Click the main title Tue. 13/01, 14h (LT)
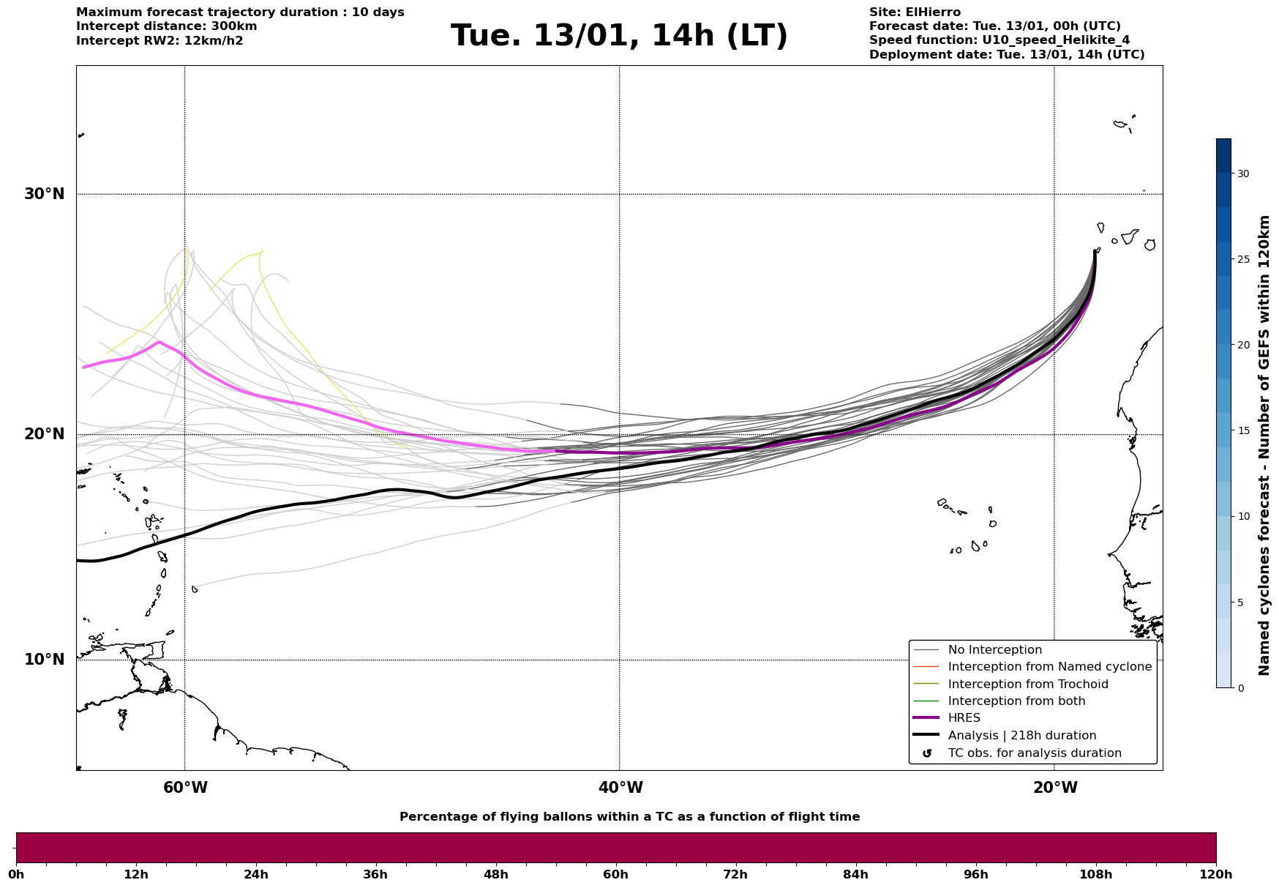coord(619,36)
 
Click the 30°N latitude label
coord(44,194)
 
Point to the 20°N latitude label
coord(44,434)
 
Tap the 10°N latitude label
coord(44,660)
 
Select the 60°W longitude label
coord(185,788)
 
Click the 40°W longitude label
coord(620,788)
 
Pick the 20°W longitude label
coord(1054,788)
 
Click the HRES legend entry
coord(964,718)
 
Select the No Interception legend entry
coord(994,650)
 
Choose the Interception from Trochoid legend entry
coord(1027,684)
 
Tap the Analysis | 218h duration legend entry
coord(1021,736)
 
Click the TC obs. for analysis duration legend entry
coord(1034,753)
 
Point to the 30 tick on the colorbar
coord(1242,174)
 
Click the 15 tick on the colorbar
coord(1242,430)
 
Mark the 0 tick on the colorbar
coord(1240,688)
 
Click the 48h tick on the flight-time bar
coord(495,874)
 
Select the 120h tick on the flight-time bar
coord(1216,874)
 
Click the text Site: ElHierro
coord(915,12)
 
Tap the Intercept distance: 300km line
coord(166,26)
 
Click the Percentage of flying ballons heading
coord(629,817)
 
